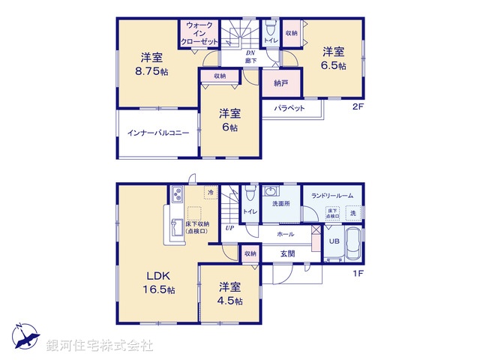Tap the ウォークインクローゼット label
(x=199, y=34)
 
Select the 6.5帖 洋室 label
(x=334, y=58)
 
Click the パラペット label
(x=289, y=108)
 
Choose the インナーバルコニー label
(x=157, y=133)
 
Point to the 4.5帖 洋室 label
(x=230, y=293)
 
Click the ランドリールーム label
(x=332, y=196)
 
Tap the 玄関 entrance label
(x=288, y=253)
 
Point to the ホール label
(x=285, y=234)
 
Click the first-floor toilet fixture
(x=250, y=195)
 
